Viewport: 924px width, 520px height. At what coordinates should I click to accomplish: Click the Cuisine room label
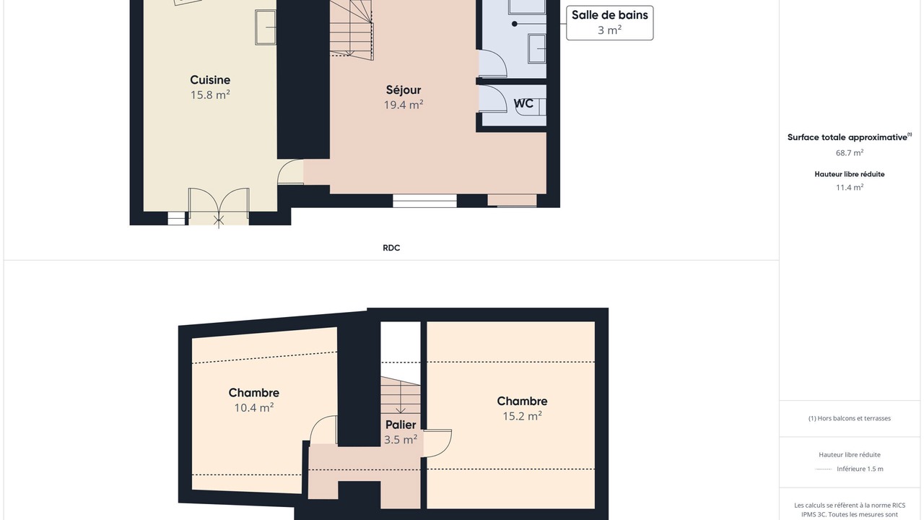click(210, 79)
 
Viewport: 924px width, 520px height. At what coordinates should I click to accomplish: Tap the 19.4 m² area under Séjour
click(404, 105)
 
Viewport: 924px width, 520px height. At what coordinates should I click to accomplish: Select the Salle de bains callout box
click(609, 22)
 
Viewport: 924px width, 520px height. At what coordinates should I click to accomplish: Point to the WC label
click(523, 103)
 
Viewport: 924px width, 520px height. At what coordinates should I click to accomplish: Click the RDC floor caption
click(391, 248)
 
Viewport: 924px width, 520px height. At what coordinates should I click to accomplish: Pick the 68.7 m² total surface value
click(850, 152)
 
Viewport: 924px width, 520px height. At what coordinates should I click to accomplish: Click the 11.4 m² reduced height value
click(850, 187)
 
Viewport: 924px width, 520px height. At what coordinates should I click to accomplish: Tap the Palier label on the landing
click(401, 425)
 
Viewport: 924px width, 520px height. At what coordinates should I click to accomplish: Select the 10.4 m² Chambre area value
click(253, 408)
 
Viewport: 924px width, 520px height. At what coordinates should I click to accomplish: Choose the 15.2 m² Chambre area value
click(522, 416)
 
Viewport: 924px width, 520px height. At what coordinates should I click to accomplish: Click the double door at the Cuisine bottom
click(219, 207)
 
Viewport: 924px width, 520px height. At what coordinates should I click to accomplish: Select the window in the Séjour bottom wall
click(424, 201)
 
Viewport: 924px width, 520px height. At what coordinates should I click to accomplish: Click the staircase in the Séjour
click(352, 29)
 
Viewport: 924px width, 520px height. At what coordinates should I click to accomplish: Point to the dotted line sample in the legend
click(824, 469)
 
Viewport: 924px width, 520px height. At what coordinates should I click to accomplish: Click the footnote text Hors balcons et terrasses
click(850, 418)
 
